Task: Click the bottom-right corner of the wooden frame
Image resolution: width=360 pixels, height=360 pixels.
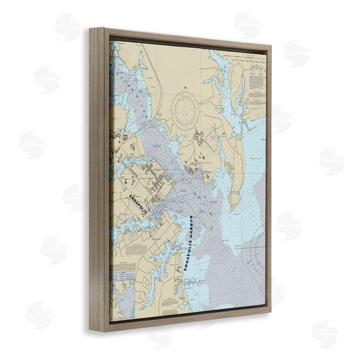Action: (271, 322)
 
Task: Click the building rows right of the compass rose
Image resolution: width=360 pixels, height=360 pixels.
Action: (202, 141)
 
